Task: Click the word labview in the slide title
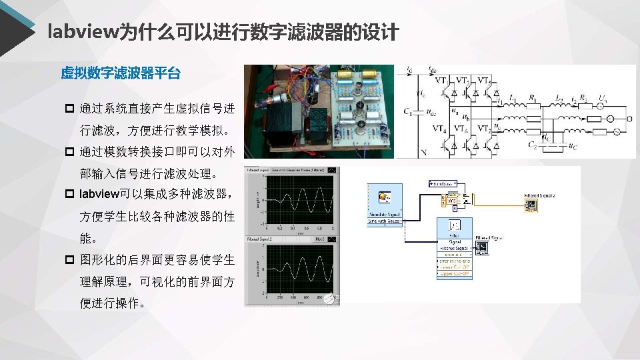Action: (82, 31)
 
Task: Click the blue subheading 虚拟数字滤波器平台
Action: (120, 73)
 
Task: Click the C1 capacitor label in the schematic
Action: (407, 112)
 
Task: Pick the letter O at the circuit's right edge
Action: (630, 119)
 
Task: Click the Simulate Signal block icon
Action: (385, 197)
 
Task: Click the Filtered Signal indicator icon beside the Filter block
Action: (481, 247)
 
